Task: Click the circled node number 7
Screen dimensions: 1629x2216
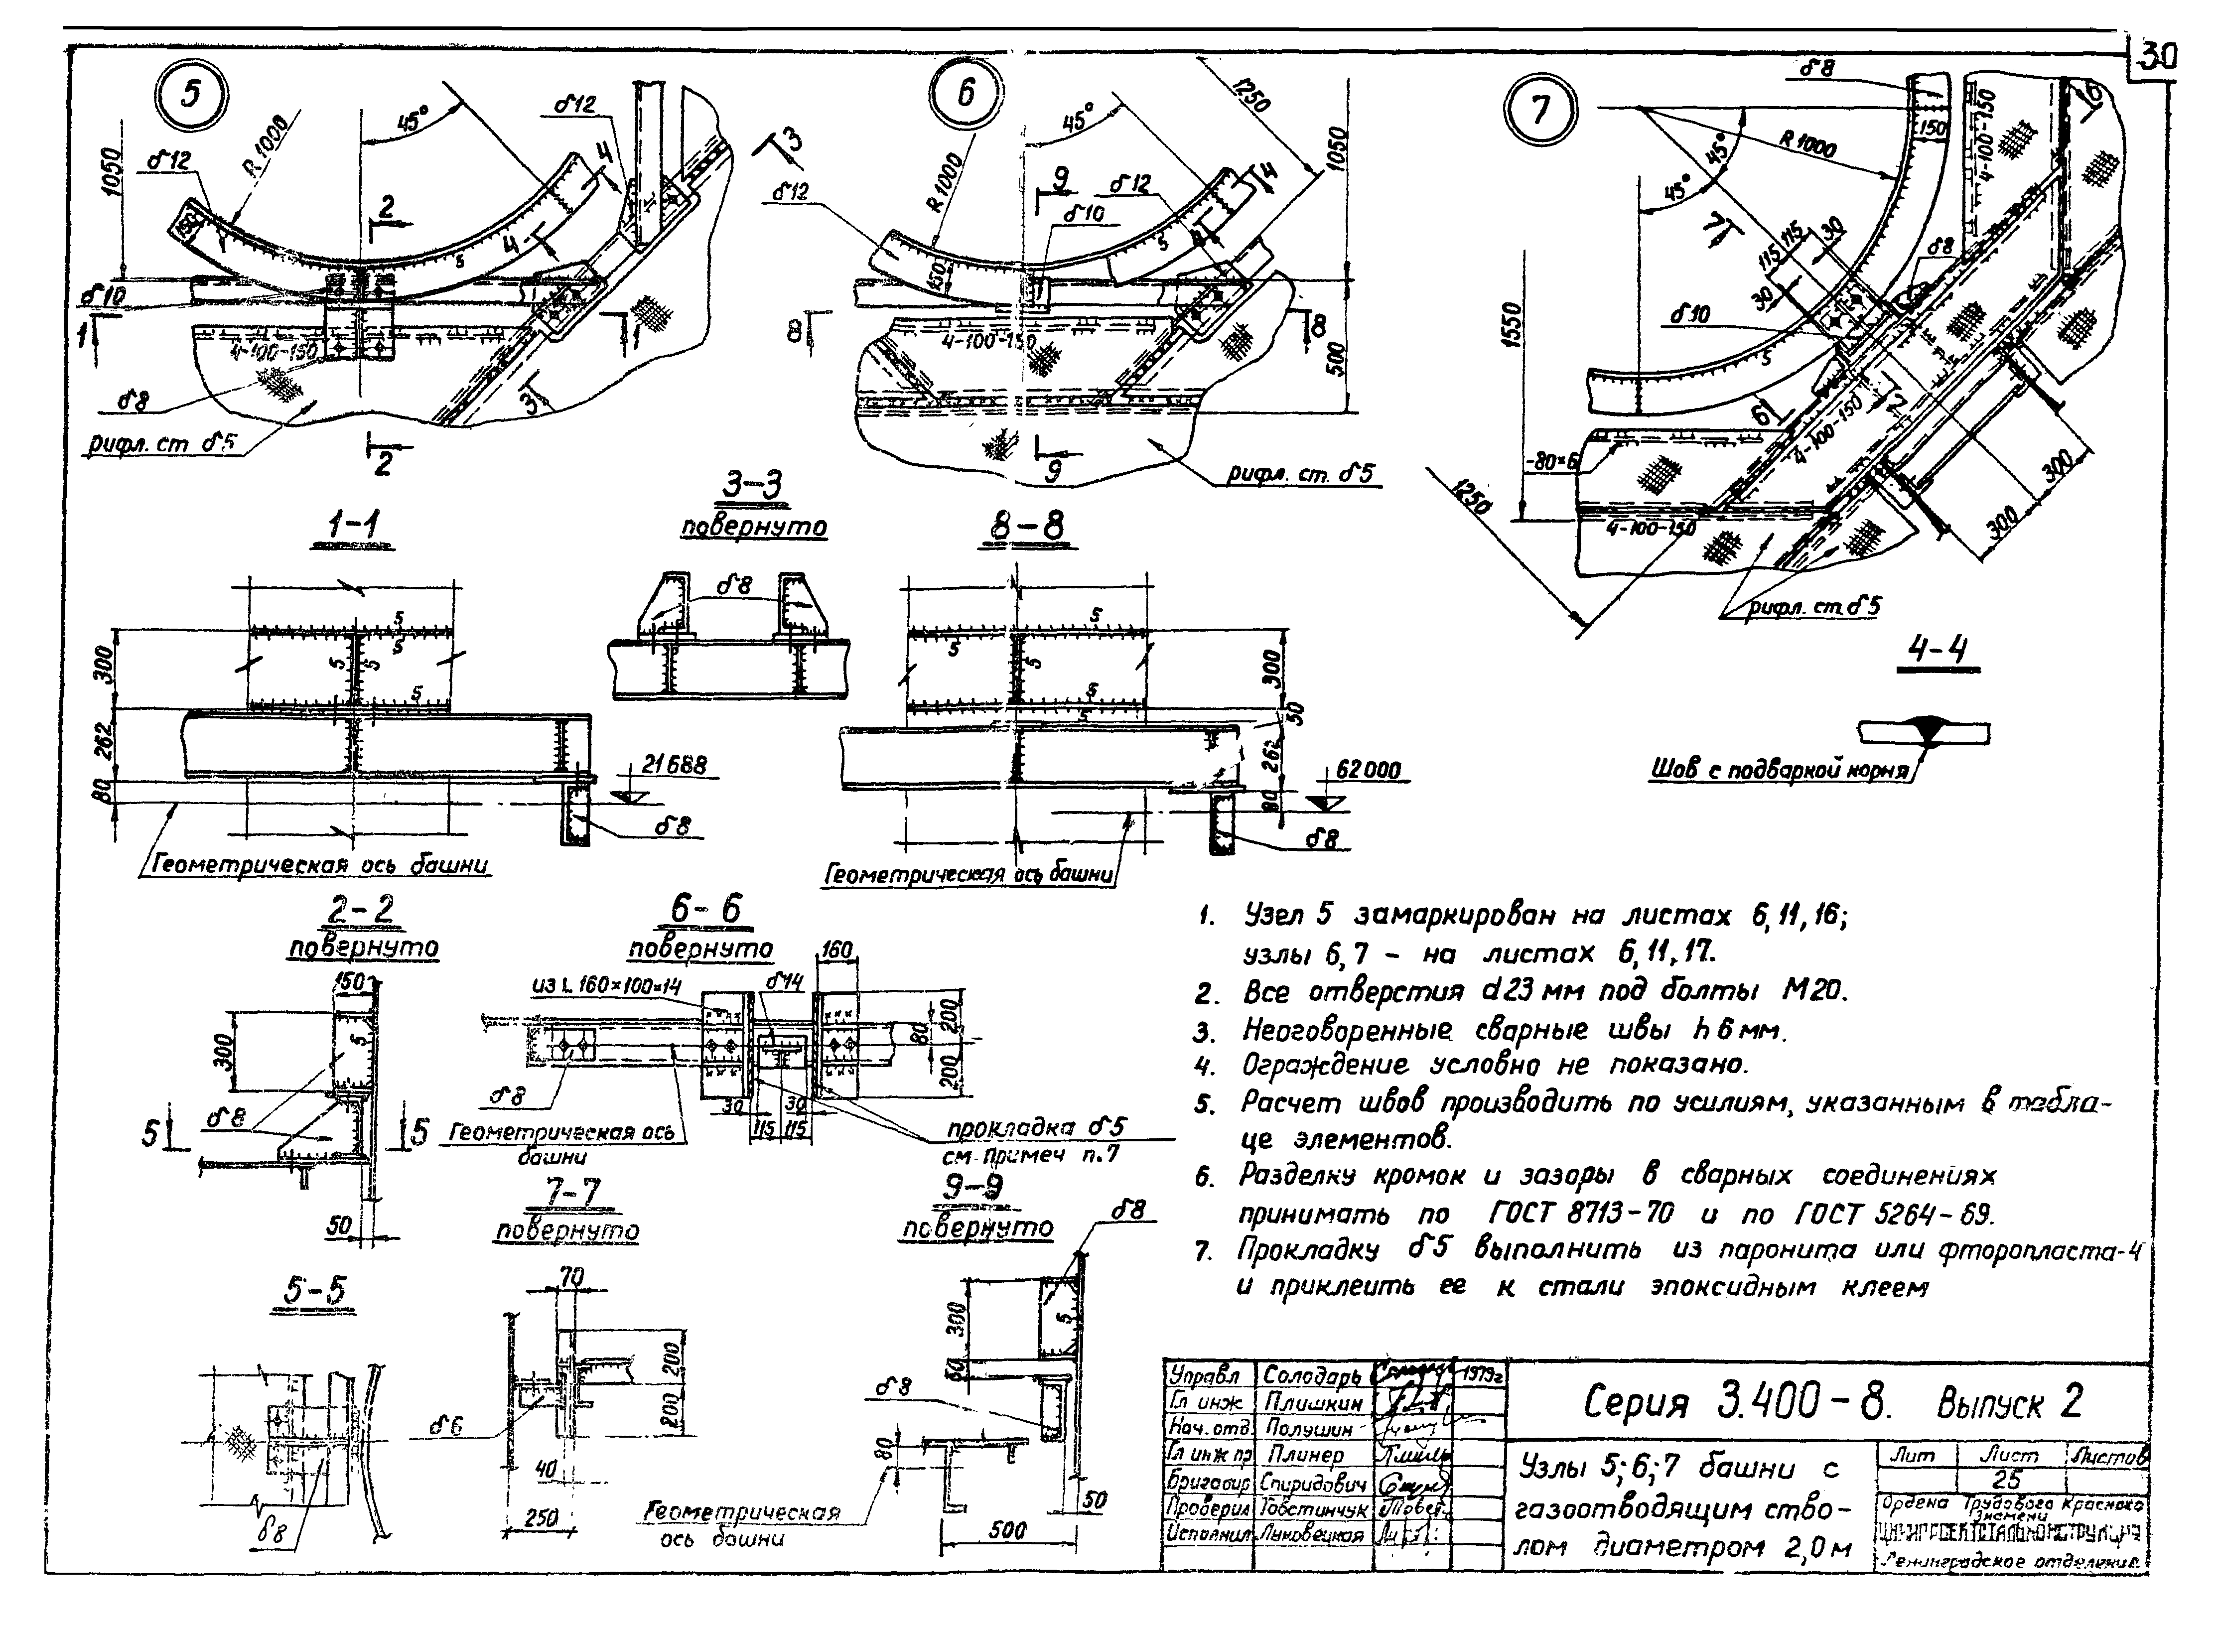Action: click(1539, 110)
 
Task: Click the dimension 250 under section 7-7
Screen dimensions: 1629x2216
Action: click(541, 1518)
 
